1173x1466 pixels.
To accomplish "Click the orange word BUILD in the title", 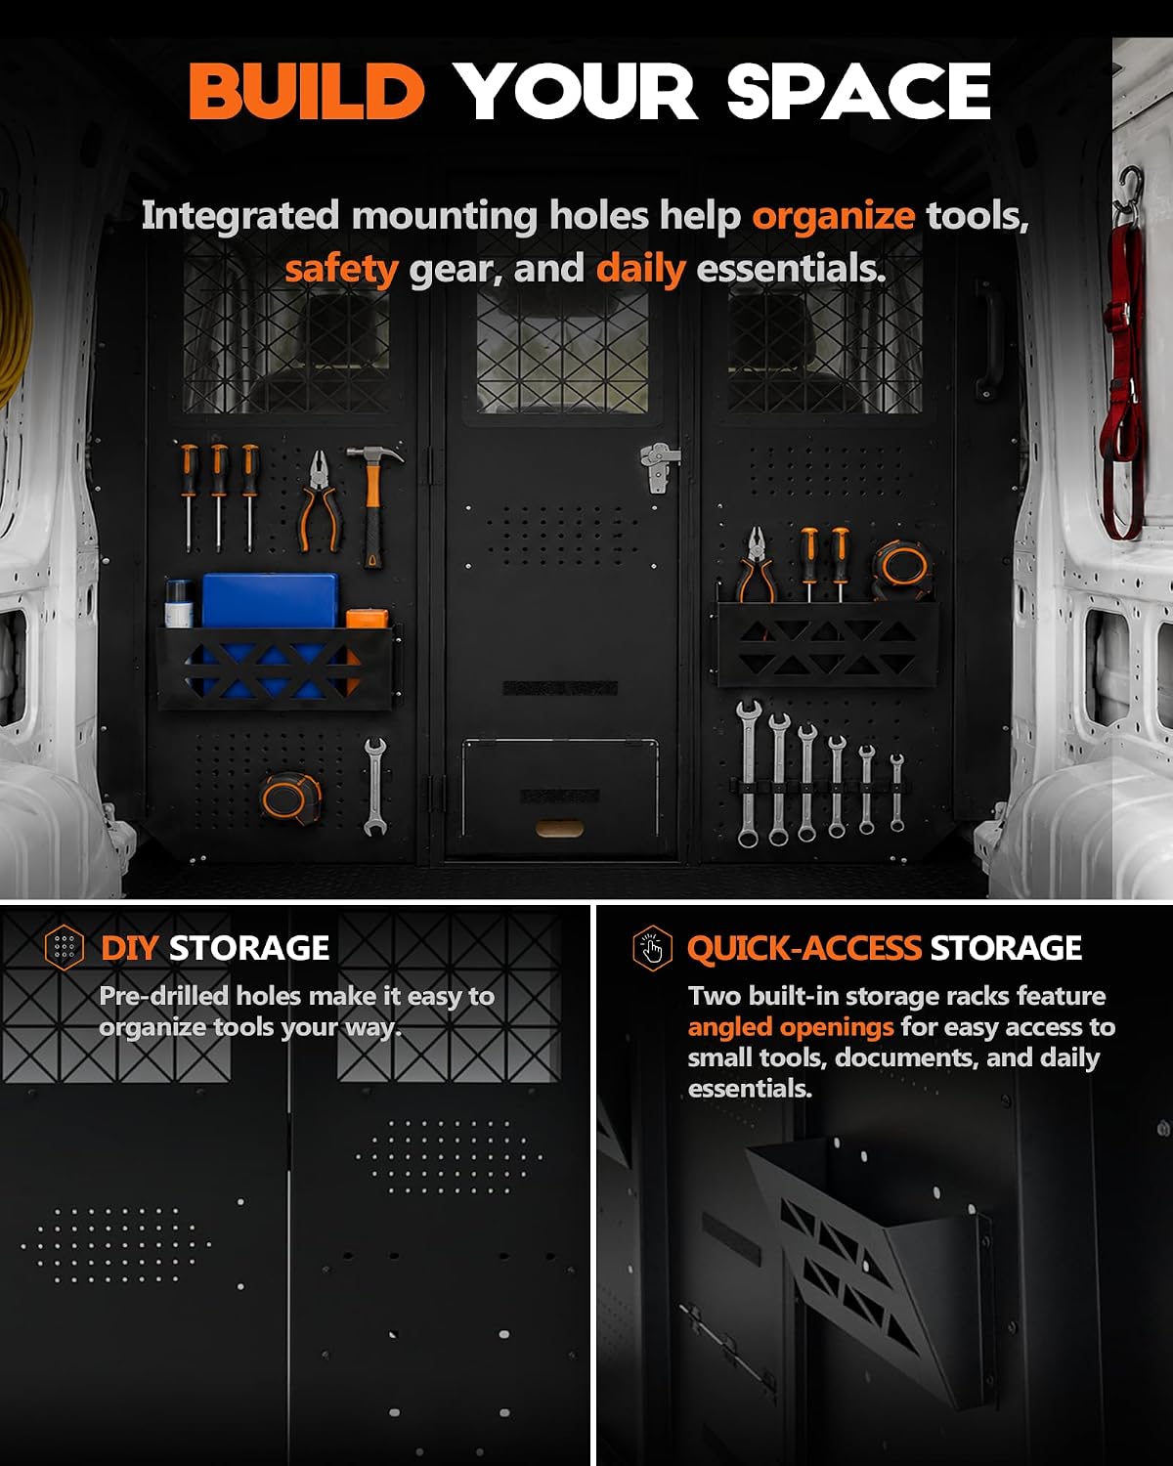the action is [x=307, y=91].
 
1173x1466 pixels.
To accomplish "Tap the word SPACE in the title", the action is [x=859, y=91].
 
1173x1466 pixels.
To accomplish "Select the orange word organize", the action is [x=834, y=217].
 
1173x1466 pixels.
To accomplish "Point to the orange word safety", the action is [x=341, y=269].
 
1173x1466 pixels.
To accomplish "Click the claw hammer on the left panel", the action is [x=372, y=504].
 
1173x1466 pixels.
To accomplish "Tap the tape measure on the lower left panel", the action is [x=291, y=798].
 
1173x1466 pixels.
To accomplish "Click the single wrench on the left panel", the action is [x=374, y=786].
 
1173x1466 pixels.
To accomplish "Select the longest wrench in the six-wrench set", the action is [x=749, y=772].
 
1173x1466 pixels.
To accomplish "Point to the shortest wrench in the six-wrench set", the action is [x=897, y=793].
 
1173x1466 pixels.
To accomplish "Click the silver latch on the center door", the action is [x=660, y=466].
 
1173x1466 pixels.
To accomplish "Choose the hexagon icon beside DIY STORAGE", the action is [x=65, y=948].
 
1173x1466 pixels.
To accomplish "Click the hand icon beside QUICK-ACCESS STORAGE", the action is [x=652, y=948].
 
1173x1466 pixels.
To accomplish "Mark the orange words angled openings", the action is [x=791, y=1026].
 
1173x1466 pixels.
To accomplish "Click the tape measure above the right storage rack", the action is [x=901, y=568].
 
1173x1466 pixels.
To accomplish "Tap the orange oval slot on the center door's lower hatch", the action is [x=559, y=829].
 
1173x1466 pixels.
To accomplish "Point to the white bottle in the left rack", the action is [x=179, y=604].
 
